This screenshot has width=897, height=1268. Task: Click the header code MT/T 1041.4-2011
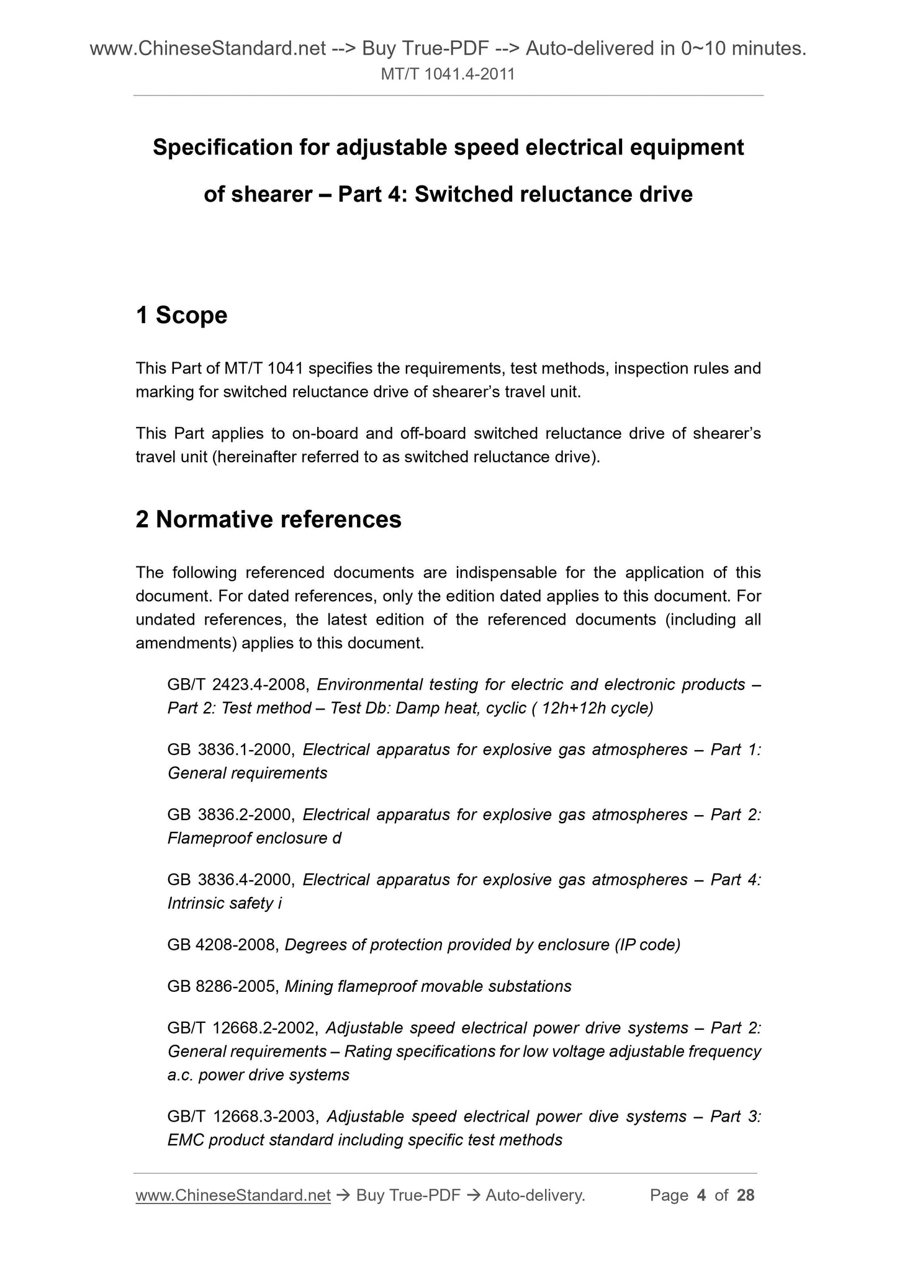(x=448, y=75)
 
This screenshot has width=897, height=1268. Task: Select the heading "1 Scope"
(x=181, y=315)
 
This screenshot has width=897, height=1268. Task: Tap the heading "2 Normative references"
(x=268, y=519)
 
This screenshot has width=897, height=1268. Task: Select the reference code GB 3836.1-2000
(x=231, y=749)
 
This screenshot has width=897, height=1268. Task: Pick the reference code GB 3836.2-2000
(x=231, y=815)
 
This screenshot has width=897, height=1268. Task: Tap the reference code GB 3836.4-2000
(x=231, y=880)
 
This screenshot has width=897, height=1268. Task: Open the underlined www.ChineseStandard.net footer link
(x=233, y=1195)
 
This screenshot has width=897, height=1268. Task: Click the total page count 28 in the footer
(x=746, y=1195)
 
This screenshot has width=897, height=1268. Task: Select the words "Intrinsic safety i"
(x=225, y=903)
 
